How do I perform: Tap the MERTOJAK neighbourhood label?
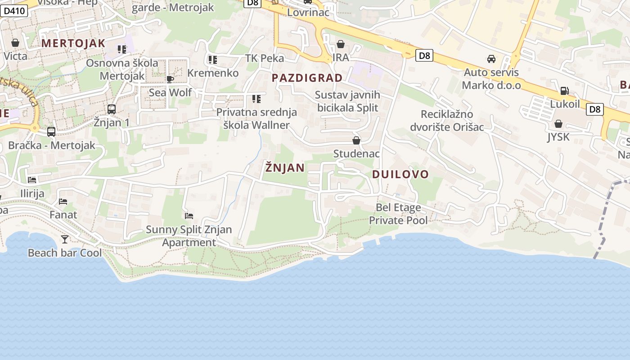tap(73, 44)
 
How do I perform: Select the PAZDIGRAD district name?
tap(307, 78)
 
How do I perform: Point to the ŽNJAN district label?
tap(285, 168)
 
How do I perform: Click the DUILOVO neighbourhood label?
tap(400, 174)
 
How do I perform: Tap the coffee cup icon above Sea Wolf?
tap(170, 80)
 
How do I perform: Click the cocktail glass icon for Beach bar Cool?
tap(65, 239)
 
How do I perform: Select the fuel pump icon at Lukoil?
tap(564, 91)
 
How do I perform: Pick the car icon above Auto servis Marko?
tap(491, 59)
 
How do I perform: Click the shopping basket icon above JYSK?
tap(558, 124)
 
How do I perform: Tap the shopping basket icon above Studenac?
tap(356, 141)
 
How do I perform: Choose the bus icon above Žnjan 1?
tap(111, 109)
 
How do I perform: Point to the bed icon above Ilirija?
tap(32, 180)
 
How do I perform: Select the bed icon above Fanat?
tap(63, 202)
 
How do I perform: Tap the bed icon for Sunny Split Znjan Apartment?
tap(189, 216)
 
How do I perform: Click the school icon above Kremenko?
tap(213, 60)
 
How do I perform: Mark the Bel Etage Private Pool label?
tap(398, 214)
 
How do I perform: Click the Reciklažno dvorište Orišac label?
tap(447, 121)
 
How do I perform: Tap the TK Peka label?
tap(265, 58)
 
